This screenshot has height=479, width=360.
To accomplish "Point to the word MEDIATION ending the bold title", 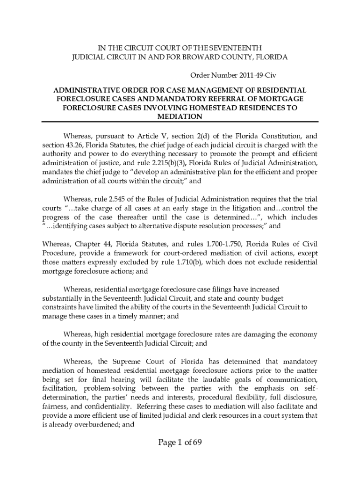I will [180, 116].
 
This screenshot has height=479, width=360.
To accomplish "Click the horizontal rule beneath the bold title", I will [180, 122].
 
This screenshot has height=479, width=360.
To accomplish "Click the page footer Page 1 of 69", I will [179, 443].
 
